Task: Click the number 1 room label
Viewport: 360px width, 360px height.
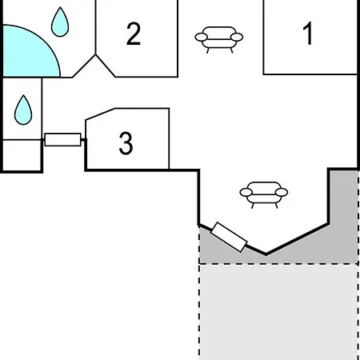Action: coord(308,34)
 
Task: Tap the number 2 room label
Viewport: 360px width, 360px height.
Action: coord(134,34)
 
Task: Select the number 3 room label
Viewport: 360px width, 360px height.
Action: coord(126,143)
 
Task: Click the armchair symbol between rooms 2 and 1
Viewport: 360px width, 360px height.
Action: coord(219,39)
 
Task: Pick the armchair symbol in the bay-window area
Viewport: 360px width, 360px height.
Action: coord(264,194)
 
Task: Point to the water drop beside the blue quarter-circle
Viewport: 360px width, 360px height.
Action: coord(60,22)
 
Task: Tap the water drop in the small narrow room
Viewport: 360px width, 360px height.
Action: coord(23,110)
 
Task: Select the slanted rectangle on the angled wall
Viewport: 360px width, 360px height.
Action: coord(229,237)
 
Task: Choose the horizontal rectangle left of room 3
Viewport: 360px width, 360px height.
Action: coord(62,139)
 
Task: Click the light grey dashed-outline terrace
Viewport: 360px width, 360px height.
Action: coord(278,312)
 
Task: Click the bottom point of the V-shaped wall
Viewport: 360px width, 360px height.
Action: coord(266,254)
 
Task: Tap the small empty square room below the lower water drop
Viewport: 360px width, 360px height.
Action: coord(22,155)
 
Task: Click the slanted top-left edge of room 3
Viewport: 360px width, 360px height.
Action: coord(100,114)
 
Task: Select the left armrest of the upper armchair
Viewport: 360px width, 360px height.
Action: coord(202,37)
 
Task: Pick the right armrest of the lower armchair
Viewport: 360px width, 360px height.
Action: coord(282,192)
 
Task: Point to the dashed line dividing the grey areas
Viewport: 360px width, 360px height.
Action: coord(278,264)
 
